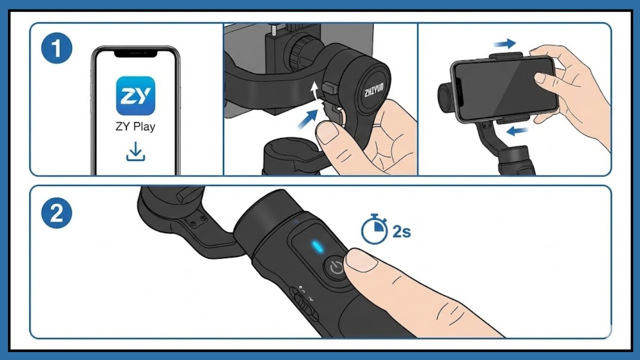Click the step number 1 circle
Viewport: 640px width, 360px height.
(x=57, y=48)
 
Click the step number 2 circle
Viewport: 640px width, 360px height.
(x=57, y=213)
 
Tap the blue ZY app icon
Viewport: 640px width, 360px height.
(x=135, y=95)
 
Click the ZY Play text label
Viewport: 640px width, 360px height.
(x=135, y=126)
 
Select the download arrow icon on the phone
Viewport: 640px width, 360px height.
(x=135, y=151)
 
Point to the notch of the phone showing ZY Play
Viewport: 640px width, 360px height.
(x=135, y=54)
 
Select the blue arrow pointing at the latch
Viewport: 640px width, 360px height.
(x=308, y=119)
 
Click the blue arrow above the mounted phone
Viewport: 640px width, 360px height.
(x=505, y=44)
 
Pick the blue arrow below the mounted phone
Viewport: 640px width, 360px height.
(x=517, y=131)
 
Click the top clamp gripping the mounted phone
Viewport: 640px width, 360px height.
(x=506, y=55)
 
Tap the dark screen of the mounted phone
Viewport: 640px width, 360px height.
(x=505, y=89)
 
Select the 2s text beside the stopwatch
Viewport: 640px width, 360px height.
(x=402, y=231)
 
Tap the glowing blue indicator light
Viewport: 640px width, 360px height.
(x=317, y=246)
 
